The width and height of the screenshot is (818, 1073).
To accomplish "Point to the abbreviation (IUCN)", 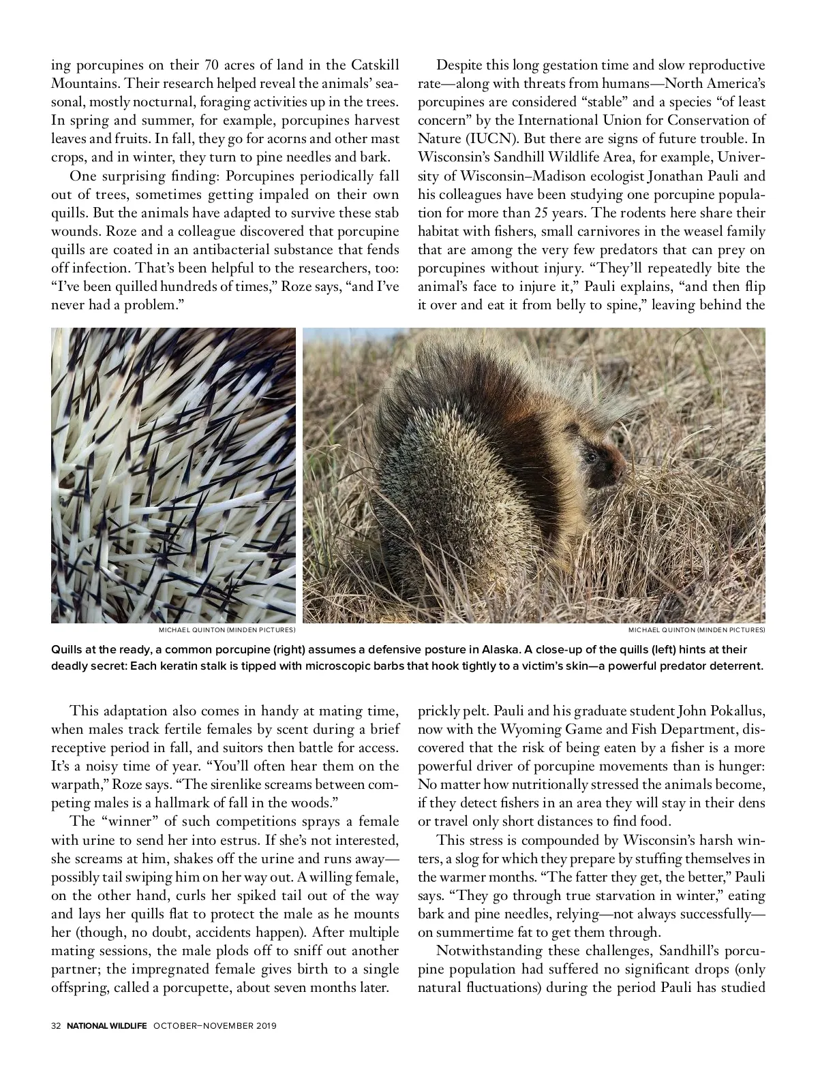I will [488, 139].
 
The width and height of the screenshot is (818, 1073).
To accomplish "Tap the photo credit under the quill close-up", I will [227, 629].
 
